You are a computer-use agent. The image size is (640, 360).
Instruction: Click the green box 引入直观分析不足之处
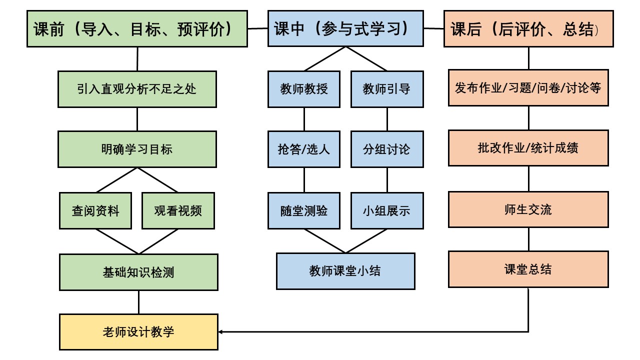pos(137,89)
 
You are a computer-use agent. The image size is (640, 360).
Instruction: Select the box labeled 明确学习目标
pos(137,149)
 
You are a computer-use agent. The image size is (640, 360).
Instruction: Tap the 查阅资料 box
pos(95,210)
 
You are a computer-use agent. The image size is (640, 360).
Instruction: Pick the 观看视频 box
pos(178,210)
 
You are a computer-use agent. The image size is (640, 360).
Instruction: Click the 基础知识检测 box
pos(138,272)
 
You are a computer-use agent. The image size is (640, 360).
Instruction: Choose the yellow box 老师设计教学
pos(138,331)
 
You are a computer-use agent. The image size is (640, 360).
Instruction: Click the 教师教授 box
pos(304,89)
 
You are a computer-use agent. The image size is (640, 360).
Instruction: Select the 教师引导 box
pos(386,89)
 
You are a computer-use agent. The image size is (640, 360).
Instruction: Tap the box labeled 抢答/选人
pos(304,149)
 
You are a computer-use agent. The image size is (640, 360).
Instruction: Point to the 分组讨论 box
pos(386,149)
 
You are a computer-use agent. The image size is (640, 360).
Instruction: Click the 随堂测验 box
pos(304,210)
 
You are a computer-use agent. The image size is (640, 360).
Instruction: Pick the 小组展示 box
pos(386,210)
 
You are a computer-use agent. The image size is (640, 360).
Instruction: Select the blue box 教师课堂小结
pos(345,271)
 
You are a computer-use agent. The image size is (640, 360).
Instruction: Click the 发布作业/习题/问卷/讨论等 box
pos(528,88)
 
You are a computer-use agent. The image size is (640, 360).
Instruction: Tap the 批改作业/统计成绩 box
pos(528,148)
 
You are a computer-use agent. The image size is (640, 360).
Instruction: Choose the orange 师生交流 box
pos(528,209)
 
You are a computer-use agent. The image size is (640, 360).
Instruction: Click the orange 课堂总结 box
pos(528,269)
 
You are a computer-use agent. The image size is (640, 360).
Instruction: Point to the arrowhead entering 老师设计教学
pos(221,331)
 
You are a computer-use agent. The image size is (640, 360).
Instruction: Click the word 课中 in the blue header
pos(289,29)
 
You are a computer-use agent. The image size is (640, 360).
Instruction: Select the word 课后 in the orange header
pos(466,29)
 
